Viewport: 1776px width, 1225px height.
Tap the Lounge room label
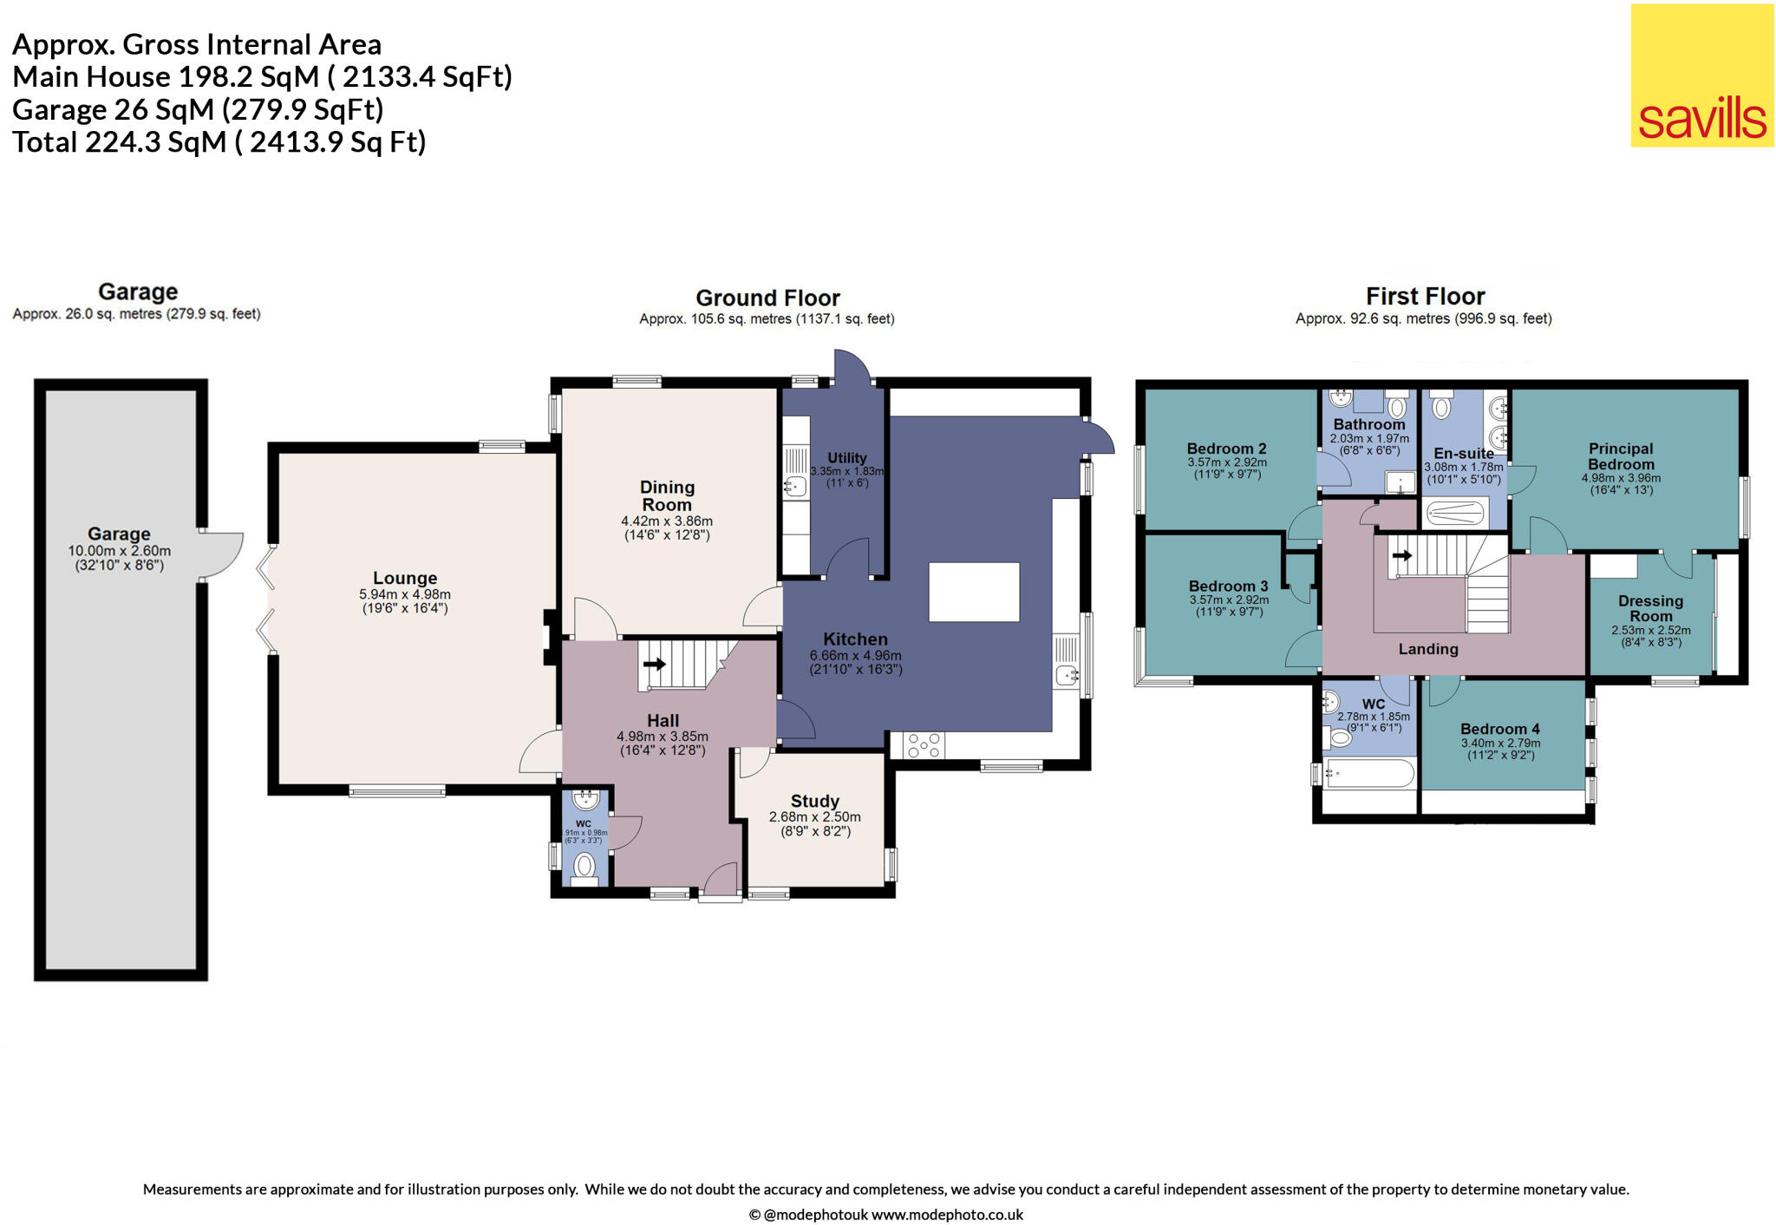click(404, 579)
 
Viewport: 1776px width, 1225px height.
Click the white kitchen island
click(974, 592)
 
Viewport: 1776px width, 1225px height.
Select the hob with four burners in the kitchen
click(924, 745)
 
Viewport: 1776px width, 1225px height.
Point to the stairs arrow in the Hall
click(655, 665)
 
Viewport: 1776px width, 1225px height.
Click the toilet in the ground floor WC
click(585, 866)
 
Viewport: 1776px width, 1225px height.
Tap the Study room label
click(814, 801)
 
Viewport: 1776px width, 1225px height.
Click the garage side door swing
click(222, 555)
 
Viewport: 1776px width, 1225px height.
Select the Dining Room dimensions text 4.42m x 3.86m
click(666, 521)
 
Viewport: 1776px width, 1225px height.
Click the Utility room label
click(846, 458)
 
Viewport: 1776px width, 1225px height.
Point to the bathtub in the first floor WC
click(1369, 773)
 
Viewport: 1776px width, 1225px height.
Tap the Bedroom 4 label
click(1499, 729)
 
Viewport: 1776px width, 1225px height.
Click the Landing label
click(1427, 649)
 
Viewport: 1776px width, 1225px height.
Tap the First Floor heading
click(1425, 297)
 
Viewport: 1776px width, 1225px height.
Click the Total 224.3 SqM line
click(219, 142)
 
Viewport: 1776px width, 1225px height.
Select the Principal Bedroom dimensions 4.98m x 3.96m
click(1620, 478)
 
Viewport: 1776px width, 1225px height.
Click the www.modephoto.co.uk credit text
click(947, 1215)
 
